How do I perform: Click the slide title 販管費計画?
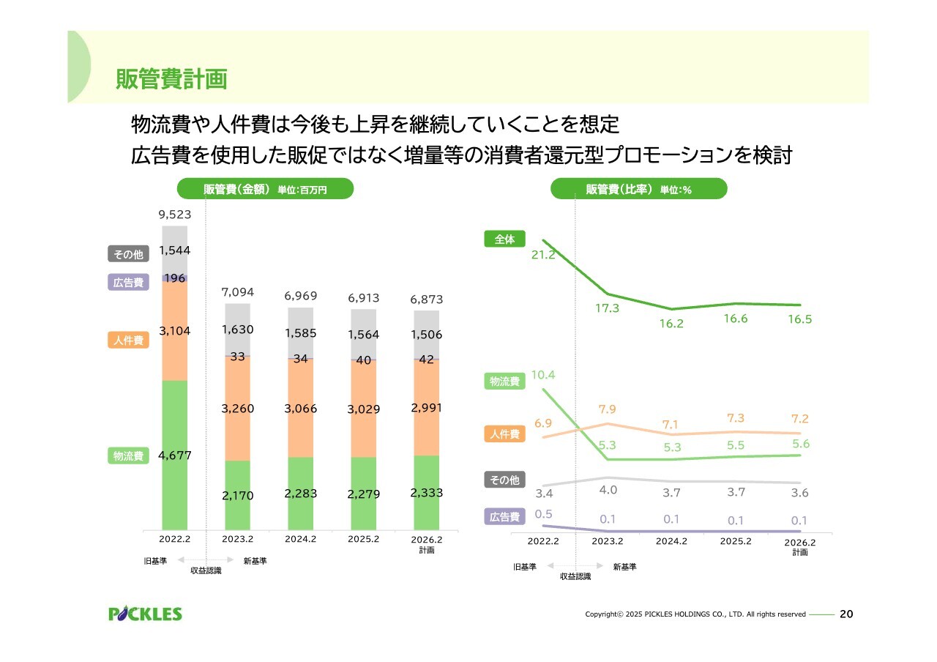pyautogui.click(x=171, y=79)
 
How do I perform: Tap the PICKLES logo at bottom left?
pyautogui.click(x=145, y=614)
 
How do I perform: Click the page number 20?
pyautogui.click(x=845, y=614)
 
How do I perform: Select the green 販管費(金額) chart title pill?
pyautogui.click(x=266, y=190)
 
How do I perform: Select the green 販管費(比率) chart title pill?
pyautogui.click(x=638, y=190)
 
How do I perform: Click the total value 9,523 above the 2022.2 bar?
pyautogui.click(x=174, y=215)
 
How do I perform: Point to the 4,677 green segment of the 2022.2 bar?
pyautogui.click(x=175, y=455)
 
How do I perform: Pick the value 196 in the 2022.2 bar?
pyautogui.click(x=175, y=278)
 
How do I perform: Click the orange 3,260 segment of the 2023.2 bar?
pyautogui.click(x=237, y=409)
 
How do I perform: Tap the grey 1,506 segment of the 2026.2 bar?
pyautogui.click(x=426, y=335)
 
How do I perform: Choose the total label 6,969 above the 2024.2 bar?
pyautogui.click(x=300, y=296)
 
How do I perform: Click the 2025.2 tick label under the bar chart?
pyautogui.click(x=364, y=540)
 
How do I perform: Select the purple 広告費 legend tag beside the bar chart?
pyautogui.click(x=128, y=283)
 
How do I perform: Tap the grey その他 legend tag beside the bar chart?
pyautogui.click(x=128, y=255)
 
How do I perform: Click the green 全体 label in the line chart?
pyautogui.click(x=504, y=239)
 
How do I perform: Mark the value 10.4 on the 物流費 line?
pyautogui.click(x=543, y=375)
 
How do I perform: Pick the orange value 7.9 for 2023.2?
pyautogui.click(x=607, y=409)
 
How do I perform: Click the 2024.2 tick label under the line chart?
pyautogui.click(x=671, y=542)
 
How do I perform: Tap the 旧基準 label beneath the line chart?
pyautogui.click(x=525, y=567)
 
